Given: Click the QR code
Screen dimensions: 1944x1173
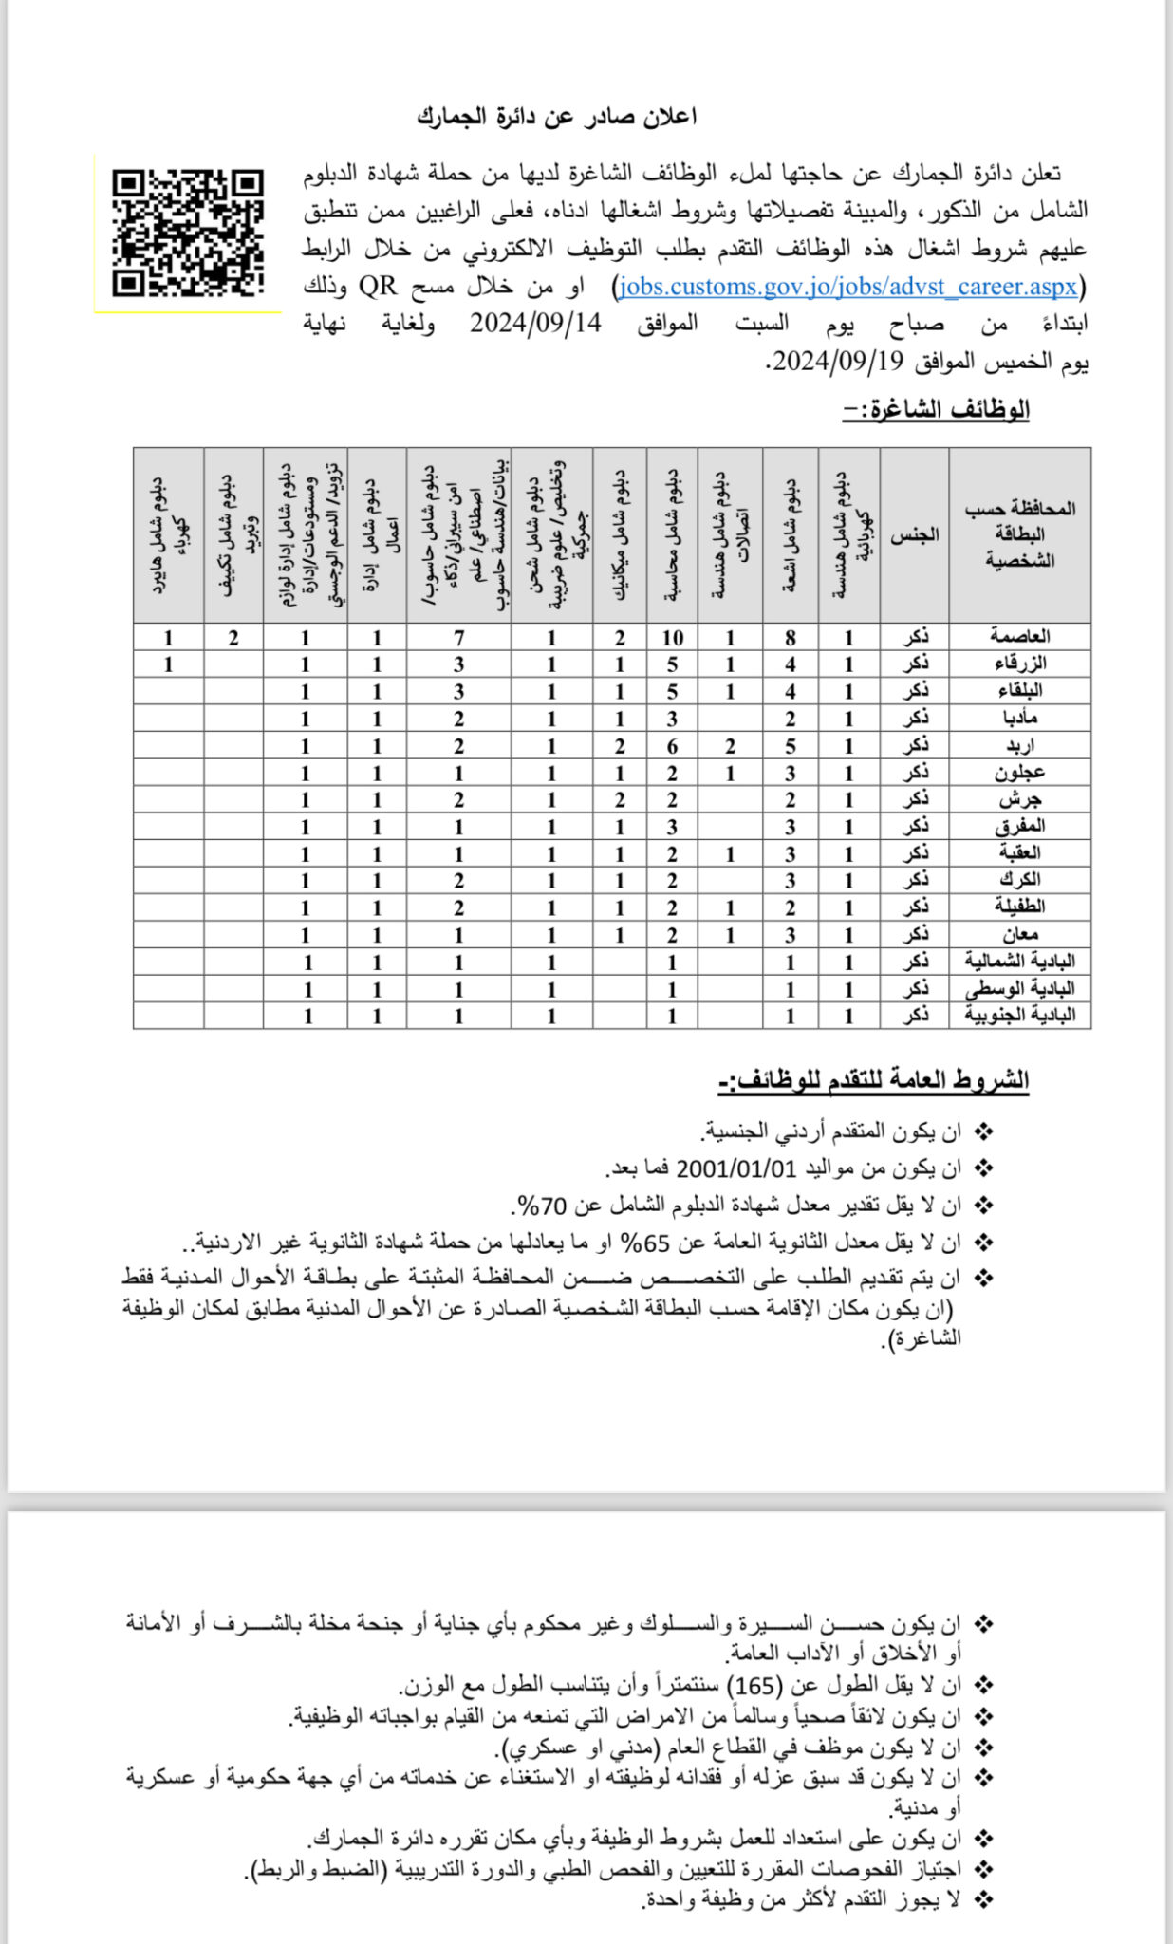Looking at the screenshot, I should click(187, 233).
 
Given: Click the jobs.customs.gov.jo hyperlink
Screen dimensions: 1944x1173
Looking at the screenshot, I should click(847, 287).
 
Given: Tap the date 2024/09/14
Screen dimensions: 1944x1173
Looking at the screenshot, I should click(535, 324).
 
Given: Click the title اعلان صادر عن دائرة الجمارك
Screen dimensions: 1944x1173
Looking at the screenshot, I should click(556, 117).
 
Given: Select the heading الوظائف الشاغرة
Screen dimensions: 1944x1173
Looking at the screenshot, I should click(936, 410).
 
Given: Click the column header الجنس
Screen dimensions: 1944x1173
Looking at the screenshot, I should click(914, 535).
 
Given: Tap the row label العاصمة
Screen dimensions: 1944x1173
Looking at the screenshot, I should click(1019, 636).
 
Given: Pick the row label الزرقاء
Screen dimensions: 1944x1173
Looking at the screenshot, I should click(1019, 664).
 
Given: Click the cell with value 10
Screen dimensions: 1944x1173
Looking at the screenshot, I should click(672, 638).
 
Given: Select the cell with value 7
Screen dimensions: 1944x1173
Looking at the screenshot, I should click(458, 638).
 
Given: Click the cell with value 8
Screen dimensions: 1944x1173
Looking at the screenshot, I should click(790, 638).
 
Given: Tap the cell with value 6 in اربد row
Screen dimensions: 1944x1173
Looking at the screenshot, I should click(672, 746).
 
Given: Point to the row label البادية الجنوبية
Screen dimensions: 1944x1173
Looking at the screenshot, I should click(1019, 1016).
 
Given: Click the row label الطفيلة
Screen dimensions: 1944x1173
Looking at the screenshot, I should click(1019, 907).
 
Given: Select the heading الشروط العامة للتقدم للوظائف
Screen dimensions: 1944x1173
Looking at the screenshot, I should click(873, 1080).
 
